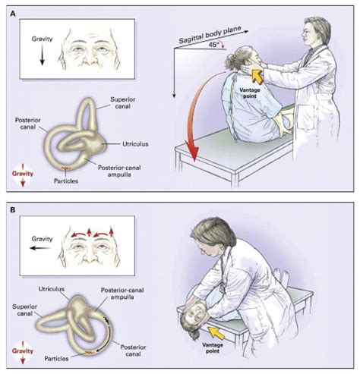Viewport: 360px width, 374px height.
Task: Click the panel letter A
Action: (x=13, y=14)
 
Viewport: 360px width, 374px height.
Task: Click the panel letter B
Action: (x=13, y=210)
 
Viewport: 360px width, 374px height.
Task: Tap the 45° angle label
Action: (x=213, y=45)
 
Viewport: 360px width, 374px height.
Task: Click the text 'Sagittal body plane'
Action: (x=210, y=35)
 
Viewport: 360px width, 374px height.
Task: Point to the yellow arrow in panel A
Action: (x=257, y=76)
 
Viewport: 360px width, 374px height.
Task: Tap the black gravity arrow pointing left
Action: (x=40, y=248)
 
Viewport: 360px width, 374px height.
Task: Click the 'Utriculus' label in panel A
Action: (x=135, y=144)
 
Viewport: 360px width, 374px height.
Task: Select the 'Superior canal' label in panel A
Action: (x=123, y=103)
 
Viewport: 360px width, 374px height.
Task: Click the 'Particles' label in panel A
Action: (x=66, y=181)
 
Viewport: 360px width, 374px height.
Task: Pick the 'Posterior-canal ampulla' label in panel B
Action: (x=122, y=294)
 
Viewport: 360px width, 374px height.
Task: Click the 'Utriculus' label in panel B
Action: (x=52, y=289)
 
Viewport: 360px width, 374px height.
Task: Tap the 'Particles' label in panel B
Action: (x=56, y=359)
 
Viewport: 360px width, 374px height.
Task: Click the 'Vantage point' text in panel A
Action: (x=250, y=93)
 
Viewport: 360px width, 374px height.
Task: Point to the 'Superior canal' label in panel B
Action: (x=25, y=310)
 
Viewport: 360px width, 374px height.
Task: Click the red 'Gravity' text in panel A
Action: (x=23, y=174)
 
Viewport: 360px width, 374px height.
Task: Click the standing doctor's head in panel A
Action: (x=317, y=32)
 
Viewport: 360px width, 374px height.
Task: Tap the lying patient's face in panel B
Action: (x=199, y=312)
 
